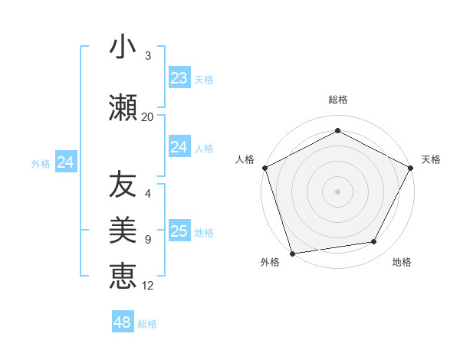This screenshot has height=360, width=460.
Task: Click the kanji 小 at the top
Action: [x=123, y=47]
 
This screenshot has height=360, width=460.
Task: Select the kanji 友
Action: [x=123, y=185]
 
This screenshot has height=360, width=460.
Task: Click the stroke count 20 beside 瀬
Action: [x=148, y=117]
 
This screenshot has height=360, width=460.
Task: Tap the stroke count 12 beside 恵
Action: [x=148, y=286]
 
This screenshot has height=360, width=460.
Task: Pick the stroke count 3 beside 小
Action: [x=148, y=56]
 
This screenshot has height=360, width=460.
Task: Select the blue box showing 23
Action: [x=179, y=77]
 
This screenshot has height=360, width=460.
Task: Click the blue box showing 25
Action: [x=179, y=231]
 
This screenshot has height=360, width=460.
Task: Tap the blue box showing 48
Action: [x=123, y=322]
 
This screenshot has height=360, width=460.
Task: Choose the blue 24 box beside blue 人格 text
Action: [x=179, y=146]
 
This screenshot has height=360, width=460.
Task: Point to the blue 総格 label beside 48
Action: [x=147, y=324]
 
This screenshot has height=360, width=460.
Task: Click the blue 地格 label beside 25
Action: [x=204, y=233]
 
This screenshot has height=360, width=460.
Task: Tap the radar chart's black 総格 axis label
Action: [x=337, y=100]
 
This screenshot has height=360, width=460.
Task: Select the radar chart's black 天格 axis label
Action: [x=431, y=159]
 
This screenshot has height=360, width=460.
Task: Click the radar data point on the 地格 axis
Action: [x=374, y=242]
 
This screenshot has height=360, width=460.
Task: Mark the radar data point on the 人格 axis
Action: [x=264, y=168]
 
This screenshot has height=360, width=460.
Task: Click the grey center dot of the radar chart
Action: [x=337, y=191]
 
